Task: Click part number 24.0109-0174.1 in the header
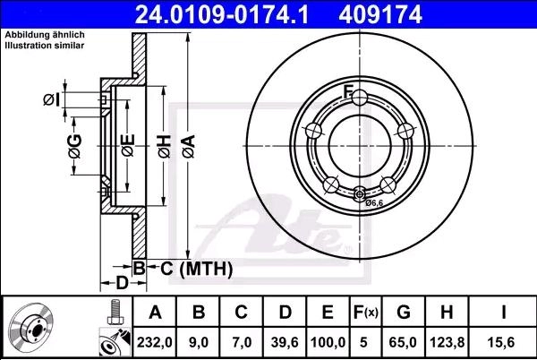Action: pos(222,14)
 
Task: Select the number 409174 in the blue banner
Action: pos(380,14)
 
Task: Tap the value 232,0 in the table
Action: pos(155,342)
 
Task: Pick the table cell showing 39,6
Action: pos(285,342)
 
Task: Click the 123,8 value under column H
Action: pos(447,342)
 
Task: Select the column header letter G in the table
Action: pos(404,312)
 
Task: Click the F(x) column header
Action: pos(366,312)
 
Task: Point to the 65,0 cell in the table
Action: pos(403,342)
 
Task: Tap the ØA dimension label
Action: pos(189,147)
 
